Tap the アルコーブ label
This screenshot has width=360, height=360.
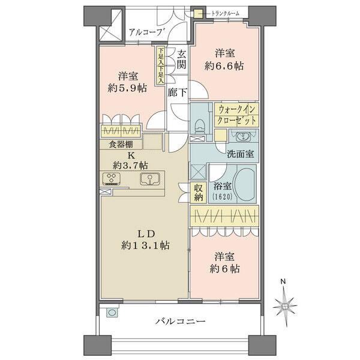[x=143, y=32]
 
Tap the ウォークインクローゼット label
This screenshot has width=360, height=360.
[x=237, y=115]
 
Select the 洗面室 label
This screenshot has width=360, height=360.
[x=239, y=154]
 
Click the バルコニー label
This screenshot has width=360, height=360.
[x=181, y=322]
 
